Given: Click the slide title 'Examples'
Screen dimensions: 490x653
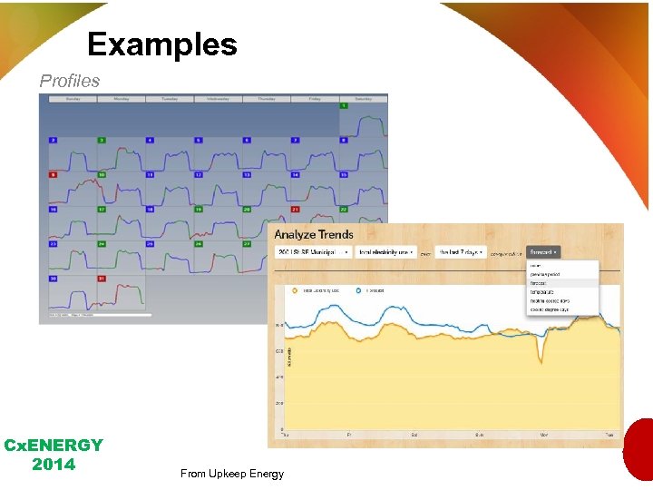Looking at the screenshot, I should click(162, 44).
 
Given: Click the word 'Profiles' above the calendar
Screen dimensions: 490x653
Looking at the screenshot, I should click(70, 81).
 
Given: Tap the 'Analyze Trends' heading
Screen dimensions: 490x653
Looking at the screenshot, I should click(314, 234).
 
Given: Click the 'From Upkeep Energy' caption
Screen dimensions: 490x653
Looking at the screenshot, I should click(232, 473).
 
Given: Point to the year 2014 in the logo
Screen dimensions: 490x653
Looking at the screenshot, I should click(53, 465).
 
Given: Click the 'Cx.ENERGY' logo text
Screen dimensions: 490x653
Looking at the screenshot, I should click(54, 446).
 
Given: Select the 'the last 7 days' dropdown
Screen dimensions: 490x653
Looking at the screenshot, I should click(461, 251).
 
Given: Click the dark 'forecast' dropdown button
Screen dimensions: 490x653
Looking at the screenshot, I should click(542, 251).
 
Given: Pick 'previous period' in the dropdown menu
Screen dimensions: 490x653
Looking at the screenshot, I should click(546, 274).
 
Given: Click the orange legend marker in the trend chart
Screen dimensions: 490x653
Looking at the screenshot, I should click(295, 291).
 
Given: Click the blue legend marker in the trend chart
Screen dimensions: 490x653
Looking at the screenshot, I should click(359, 291).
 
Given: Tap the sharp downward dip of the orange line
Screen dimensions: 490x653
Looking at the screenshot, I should click(541, 361).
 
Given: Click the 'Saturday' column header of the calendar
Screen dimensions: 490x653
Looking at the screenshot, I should click(363, 98).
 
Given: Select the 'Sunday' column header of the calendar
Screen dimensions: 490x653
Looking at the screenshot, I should click(71, 98).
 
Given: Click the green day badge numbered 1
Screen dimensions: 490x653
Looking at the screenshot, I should click(344, 106).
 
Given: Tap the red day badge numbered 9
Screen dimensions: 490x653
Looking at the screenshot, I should click(53, 174).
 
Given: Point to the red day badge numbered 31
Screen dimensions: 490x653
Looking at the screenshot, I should click(102, 279).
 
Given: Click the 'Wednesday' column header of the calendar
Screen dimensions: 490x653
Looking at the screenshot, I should click(217, 98).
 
